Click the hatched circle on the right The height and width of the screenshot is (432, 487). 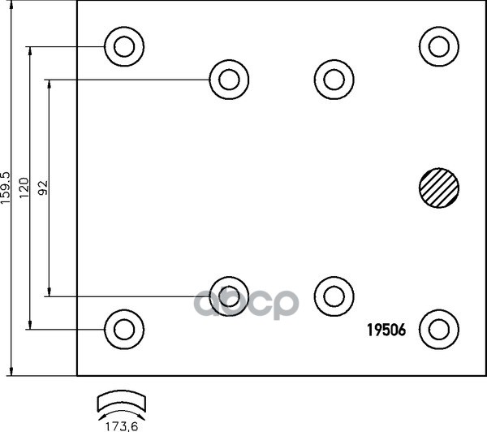(438, 188)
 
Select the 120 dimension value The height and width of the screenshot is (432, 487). (24, 188)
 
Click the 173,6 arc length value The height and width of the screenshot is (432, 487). (121, 422)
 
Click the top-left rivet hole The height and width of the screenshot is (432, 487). (123, 45)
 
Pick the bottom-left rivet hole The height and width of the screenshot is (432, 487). (123, 329)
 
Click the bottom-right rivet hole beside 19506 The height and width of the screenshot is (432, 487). (438, 329)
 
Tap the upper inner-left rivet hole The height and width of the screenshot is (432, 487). (229, 79)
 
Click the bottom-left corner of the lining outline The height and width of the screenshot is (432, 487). (77, 376)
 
